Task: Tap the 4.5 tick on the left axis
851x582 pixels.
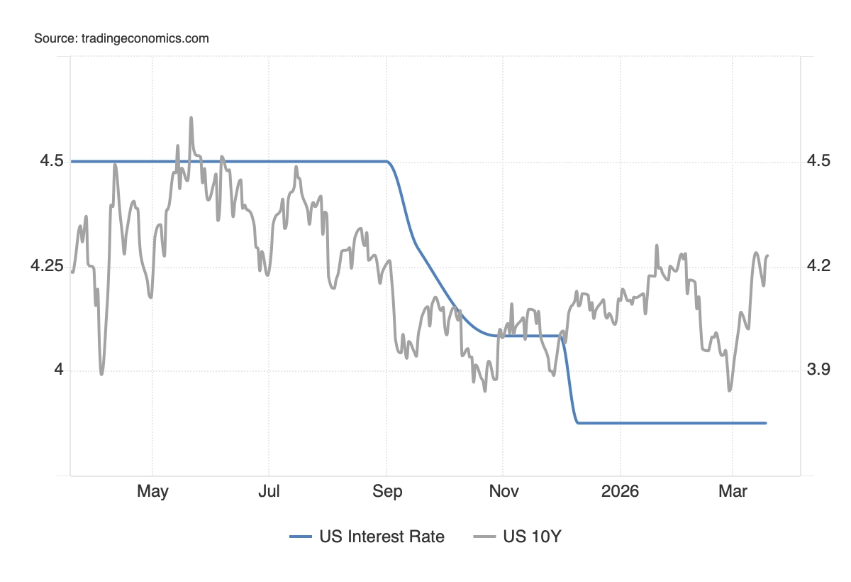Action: pos(52,162)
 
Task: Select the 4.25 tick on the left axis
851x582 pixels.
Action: pos(46,267)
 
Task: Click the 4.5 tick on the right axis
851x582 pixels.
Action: pos(818,162)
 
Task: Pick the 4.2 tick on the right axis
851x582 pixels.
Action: pos(818,267)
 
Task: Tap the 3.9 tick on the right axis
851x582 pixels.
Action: pos(818,370)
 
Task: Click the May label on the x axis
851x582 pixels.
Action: pos(152,492)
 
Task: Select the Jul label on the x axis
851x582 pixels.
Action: pos(269,492)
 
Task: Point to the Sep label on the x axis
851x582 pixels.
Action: pos(386,492)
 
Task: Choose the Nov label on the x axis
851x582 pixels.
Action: pos(503,492)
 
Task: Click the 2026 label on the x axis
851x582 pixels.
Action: pos(620,492)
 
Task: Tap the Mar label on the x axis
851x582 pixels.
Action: pos(733,492)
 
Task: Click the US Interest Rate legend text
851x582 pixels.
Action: pos(382,537)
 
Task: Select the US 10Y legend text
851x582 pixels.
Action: pos(532,537)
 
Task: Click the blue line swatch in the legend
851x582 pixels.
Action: pos(301,537)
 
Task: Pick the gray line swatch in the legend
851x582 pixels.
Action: pos(484,537)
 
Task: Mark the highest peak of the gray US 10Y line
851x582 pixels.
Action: pos(191,118)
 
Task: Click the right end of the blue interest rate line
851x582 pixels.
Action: pos(766,423)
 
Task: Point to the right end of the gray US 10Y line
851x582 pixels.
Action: pos(768,256)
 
